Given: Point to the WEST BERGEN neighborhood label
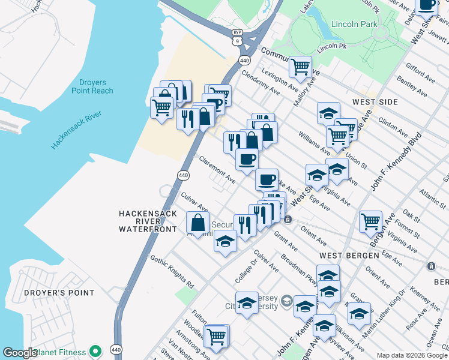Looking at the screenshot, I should point(349,255).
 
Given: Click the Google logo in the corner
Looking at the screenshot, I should point(20,353).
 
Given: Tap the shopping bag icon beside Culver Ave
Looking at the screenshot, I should point(197,223).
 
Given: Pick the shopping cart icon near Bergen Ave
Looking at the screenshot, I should point(370,220).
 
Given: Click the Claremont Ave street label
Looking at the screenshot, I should point(217,170).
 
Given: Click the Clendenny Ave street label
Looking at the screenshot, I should point(261,83).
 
